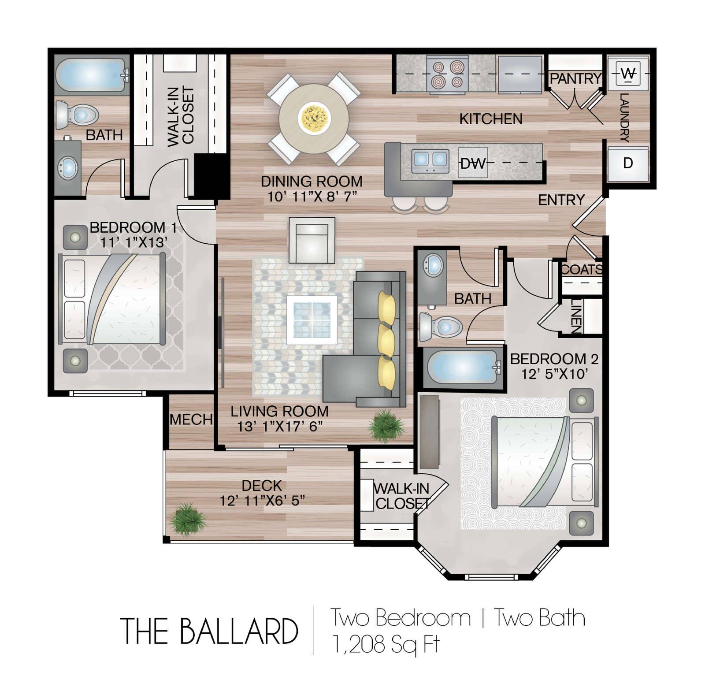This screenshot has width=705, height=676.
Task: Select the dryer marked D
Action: [628, 163]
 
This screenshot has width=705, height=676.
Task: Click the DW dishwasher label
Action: [473, 163]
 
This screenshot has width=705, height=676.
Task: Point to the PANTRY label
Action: [575, 78]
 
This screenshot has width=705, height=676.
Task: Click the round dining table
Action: [314, 119]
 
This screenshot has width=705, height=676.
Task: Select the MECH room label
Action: [191, 419]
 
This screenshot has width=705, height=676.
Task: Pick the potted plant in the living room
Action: [386, 425]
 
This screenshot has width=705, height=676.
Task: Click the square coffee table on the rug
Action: [312, 320]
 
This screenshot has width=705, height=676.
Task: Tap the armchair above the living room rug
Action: [312, 241]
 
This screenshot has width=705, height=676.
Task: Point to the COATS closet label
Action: [582, 269]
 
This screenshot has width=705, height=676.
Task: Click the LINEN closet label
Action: [576, 316]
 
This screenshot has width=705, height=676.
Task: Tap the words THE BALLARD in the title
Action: [209, 631]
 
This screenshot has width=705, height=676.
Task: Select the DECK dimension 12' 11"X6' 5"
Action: [262, 501]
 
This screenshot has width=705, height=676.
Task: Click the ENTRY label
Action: [561, 200]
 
